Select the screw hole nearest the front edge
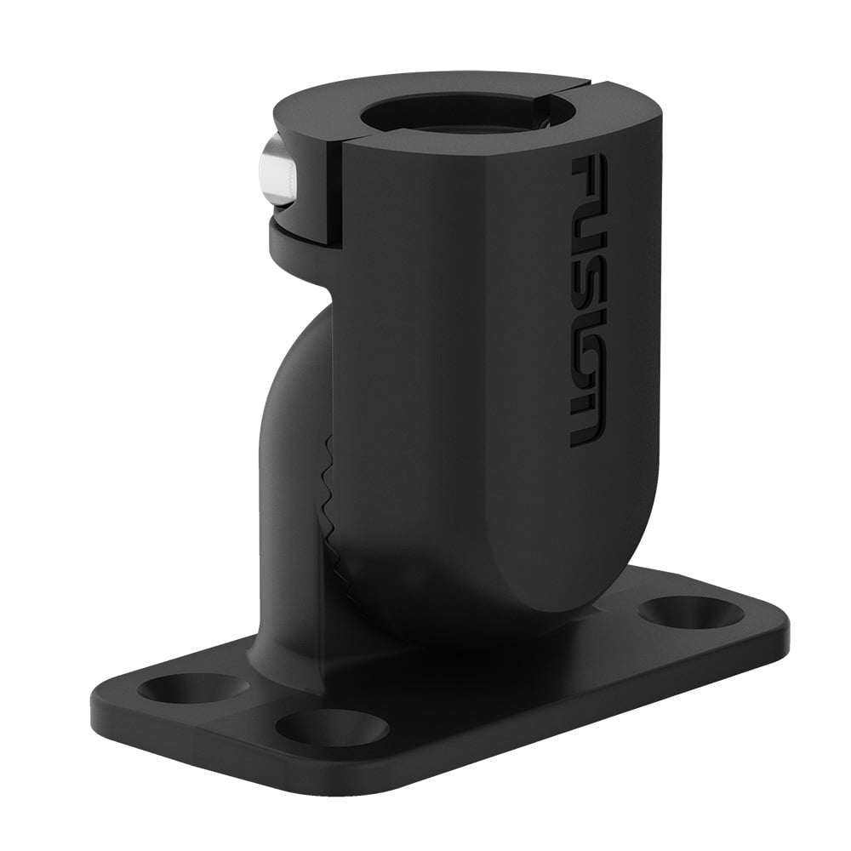click(x=331, y=728)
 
